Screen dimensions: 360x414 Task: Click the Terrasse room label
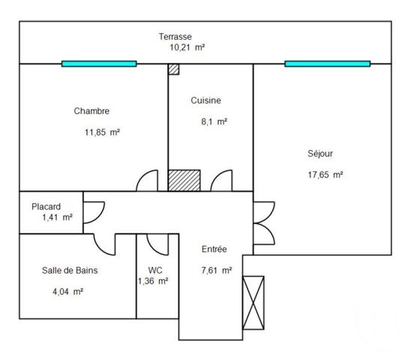(175, 36)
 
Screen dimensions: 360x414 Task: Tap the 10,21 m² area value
(187, 46)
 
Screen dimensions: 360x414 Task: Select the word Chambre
(91, 111)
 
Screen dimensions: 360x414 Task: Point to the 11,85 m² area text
(103, 131)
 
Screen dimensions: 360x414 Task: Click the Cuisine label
(205, 100)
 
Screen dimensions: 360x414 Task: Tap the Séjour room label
(320, 154)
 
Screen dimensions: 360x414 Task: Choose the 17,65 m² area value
(325, 174)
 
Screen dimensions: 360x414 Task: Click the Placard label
(46, 206)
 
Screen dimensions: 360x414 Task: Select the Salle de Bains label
(70, 271)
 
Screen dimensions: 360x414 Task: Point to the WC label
(155, 270)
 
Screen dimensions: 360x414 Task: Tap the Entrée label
(214, 250)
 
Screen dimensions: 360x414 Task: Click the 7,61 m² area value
(216, 270)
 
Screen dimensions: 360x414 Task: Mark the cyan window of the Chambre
(99, 64)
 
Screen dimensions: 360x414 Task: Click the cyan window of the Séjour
(328, 64)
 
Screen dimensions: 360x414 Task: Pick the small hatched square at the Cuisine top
(174, 69)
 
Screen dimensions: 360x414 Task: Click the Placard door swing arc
(92, 212)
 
